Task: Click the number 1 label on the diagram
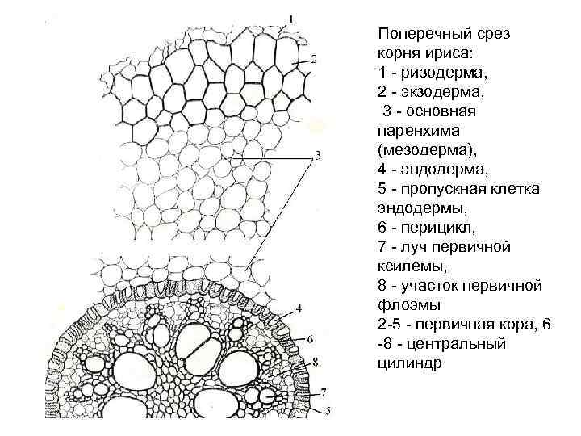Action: (x=291, y=17)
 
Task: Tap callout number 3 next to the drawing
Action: (x=320, y=155)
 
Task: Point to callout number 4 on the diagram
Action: (x=299, y=308)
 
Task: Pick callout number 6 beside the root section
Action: (x=311, y=339)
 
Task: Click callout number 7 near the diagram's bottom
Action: (x=322, y=392)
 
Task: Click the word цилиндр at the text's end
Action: (x=409, y=363)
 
